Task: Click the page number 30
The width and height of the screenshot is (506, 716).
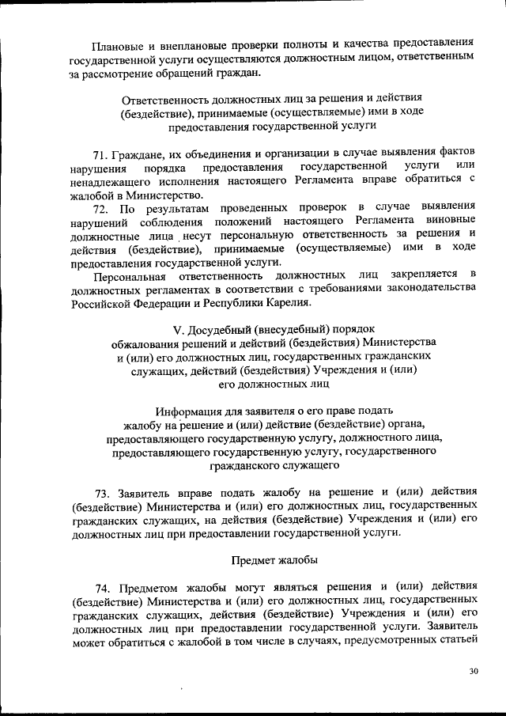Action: click(474, 672)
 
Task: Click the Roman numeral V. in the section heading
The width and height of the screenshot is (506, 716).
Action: click(178, 328)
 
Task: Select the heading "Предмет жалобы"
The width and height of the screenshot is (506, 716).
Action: click(274, 560)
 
